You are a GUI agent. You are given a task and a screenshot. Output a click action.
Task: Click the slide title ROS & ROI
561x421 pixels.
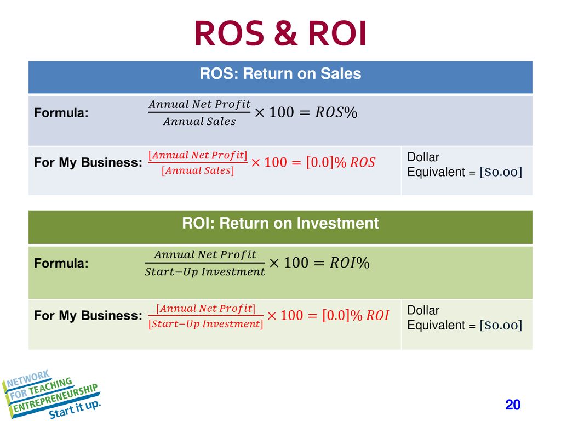pyautogui.click(x=280, y=33)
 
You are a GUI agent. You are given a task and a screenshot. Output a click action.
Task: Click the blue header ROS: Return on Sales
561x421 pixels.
pyautogui.click(x=280, y=74)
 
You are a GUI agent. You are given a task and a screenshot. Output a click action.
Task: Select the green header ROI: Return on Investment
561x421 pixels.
pyautogui.click(x=280, y=224)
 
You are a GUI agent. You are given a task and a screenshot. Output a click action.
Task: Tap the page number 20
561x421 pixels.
pyautogui.click(x=513, y=405)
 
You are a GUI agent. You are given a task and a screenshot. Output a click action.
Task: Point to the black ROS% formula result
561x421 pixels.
pyautogui.click(x=336, y=112)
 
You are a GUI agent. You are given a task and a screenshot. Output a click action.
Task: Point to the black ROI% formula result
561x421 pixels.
pyautogui.click(x=350, y=263)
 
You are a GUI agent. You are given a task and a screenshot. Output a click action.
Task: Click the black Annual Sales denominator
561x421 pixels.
pyautogui.click(x=199, y=122)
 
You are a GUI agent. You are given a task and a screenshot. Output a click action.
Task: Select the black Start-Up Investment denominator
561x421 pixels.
pyautogui.click(x=205, y=272)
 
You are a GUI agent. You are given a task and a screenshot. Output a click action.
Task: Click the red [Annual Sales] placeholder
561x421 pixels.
pyautogui.click(x=198, y=170)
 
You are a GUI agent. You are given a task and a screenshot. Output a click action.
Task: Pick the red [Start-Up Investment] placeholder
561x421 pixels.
pyautogui.click(x=206, y=324)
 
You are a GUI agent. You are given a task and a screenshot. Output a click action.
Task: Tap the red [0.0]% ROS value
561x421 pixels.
pyautogui.click(x=341, y=162)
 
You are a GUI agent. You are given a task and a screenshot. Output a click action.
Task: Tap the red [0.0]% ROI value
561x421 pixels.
pyautogui.click(x=355, y=315)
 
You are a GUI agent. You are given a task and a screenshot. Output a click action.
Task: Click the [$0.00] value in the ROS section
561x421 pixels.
pyautogui.click(x=501, y=172)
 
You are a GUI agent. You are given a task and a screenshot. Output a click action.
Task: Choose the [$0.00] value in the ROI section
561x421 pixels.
pyautogui.click(x=501, y=326)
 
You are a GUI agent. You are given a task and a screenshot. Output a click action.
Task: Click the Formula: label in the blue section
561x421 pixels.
pyautogui.click(x=61, y=113)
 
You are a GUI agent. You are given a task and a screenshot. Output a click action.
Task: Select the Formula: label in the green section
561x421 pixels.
pyautogui.click(x=61, y=264)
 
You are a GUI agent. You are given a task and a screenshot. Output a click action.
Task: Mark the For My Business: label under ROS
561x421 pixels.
pyautogui.click(x=88, y=162)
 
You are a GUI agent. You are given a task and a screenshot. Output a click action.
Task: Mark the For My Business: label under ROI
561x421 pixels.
pyautogui.click(x=88, y=316)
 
